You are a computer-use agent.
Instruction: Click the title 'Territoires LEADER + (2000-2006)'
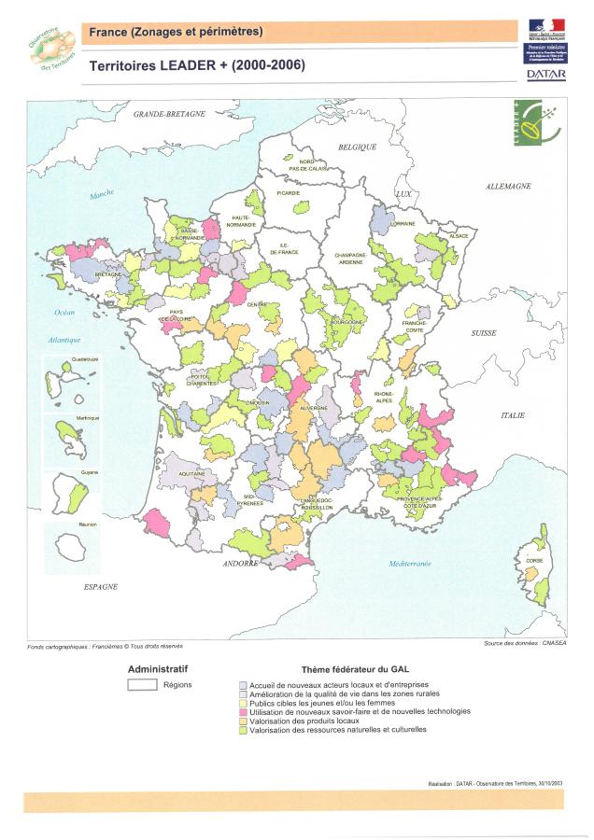tap(197, 66)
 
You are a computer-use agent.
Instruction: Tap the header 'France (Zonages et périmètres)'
tap(177, 33)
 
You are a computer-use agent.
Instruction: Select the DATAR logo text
tap(545, 73)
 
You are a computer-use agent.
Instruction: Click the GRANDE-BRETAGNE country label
tap(169, 113)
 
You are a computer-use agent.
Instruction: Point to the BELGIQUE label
tap(357, 147)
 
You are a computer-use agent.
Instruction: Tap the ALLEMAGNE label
tap(508, 187)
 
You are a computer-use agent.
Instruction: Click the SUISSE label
tap(485, 332)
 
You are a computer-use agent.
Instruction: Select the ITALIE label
tap(513, 414)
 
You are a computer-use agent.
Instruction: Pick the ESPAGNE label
tap(100, 586)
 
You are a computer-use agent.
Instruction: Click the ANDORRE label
tap(240, 564)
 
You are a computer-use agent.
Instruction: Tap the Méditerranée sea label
tap(410, 564)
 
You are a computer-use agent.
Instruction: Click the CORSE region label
tap(534, 560)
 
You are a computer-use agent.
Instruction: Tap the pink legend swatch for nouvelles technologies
tap(243, 711)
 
